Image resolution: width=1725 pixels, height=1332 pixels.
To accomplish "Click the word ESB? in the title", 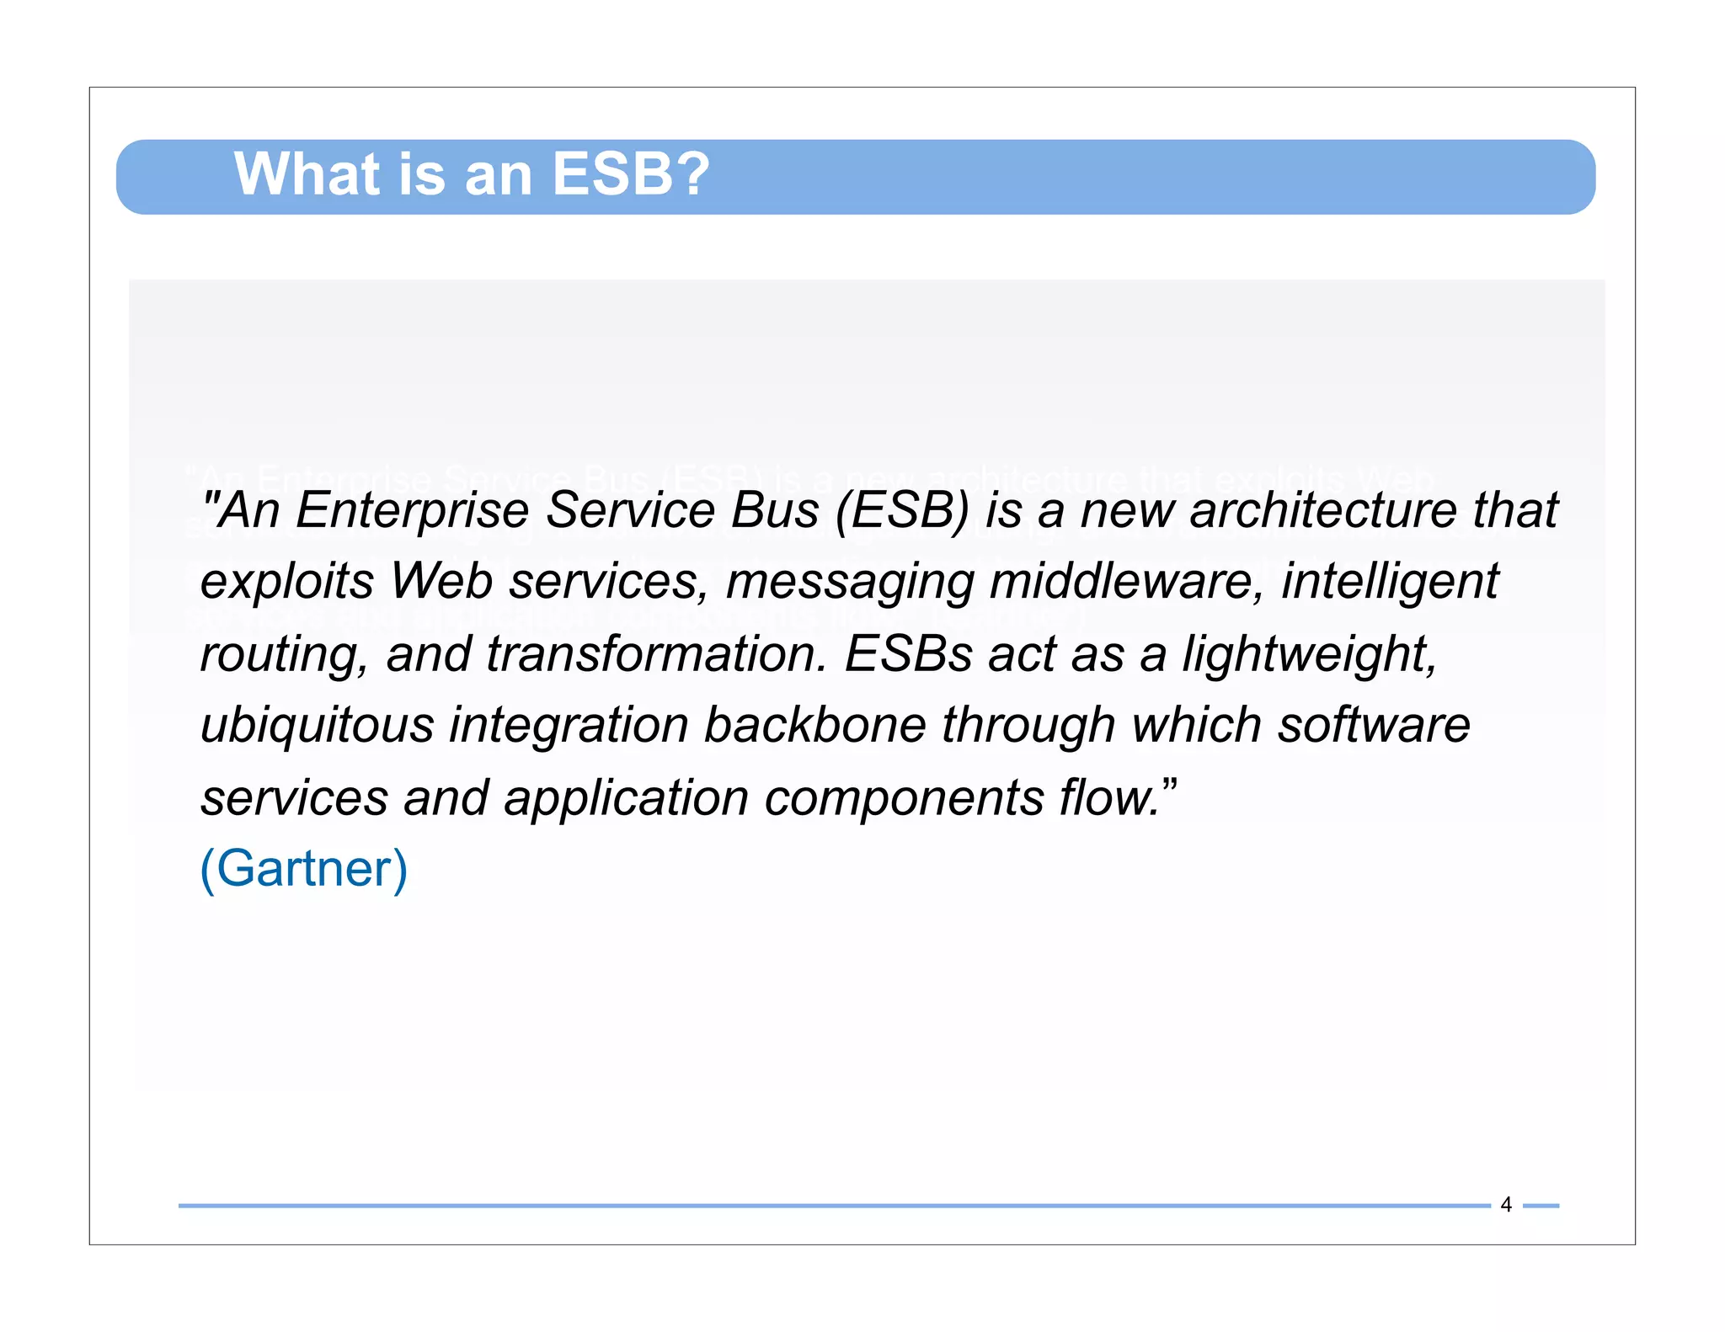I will (x=630, y=174).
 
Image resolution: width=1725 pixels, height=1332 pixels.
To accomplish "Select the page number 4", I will (x=1506, y=1205).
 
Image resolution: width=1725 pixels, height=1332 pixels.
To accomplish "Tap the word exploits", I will (x=287, y=581).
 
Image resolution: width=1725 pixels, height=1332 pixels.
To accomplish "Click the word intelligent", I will (x=1390, y=581).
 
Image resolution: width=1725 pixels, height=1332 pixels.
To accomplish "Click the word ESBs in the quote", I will (x=909, y=654).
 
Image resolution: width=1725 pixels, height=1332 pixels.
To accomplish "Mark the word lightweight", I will (x=1309, y=654).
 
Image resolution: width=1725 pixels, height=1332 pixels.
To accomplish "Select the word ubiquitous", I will (x=317, y=725).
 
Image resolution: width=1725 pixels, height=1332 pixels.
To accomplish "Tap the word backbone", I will (x=814, y=725).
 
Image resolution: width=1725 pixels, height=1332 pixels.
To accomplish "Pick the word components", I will (x=904, y=798).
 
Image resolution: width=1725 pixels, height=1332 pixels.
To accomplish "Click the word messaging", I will (x=849, y=583).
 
